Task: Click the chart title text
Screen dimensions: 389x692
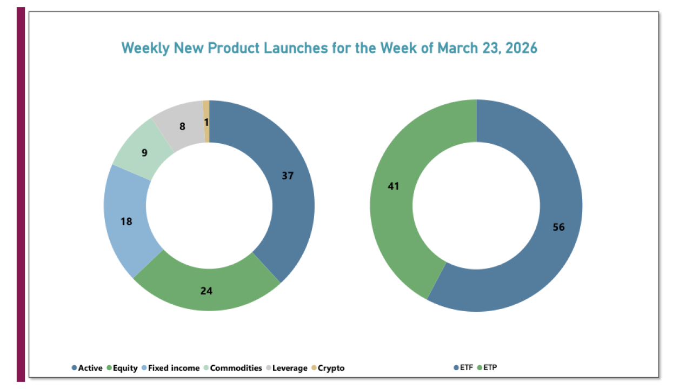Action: click(x=329, y=48)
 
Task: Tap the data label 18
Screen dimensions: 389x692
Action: click(x=127, y=221)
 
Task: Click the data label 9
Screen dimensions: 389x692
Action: click(x=144, y=152)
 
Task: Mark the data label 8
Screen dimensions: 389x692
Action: click(x=182, y=127)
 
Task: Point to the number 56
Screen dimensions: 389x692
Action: click(x=558, y=227)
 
